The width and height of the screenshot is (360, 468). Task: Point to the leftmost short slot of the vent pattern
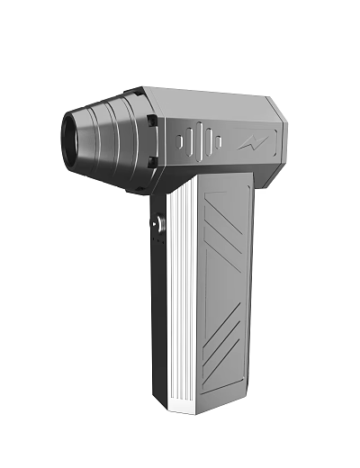(x=181, y=141)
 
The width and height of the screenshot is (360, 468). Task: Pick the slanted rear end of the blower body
(x=278, y=135)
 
